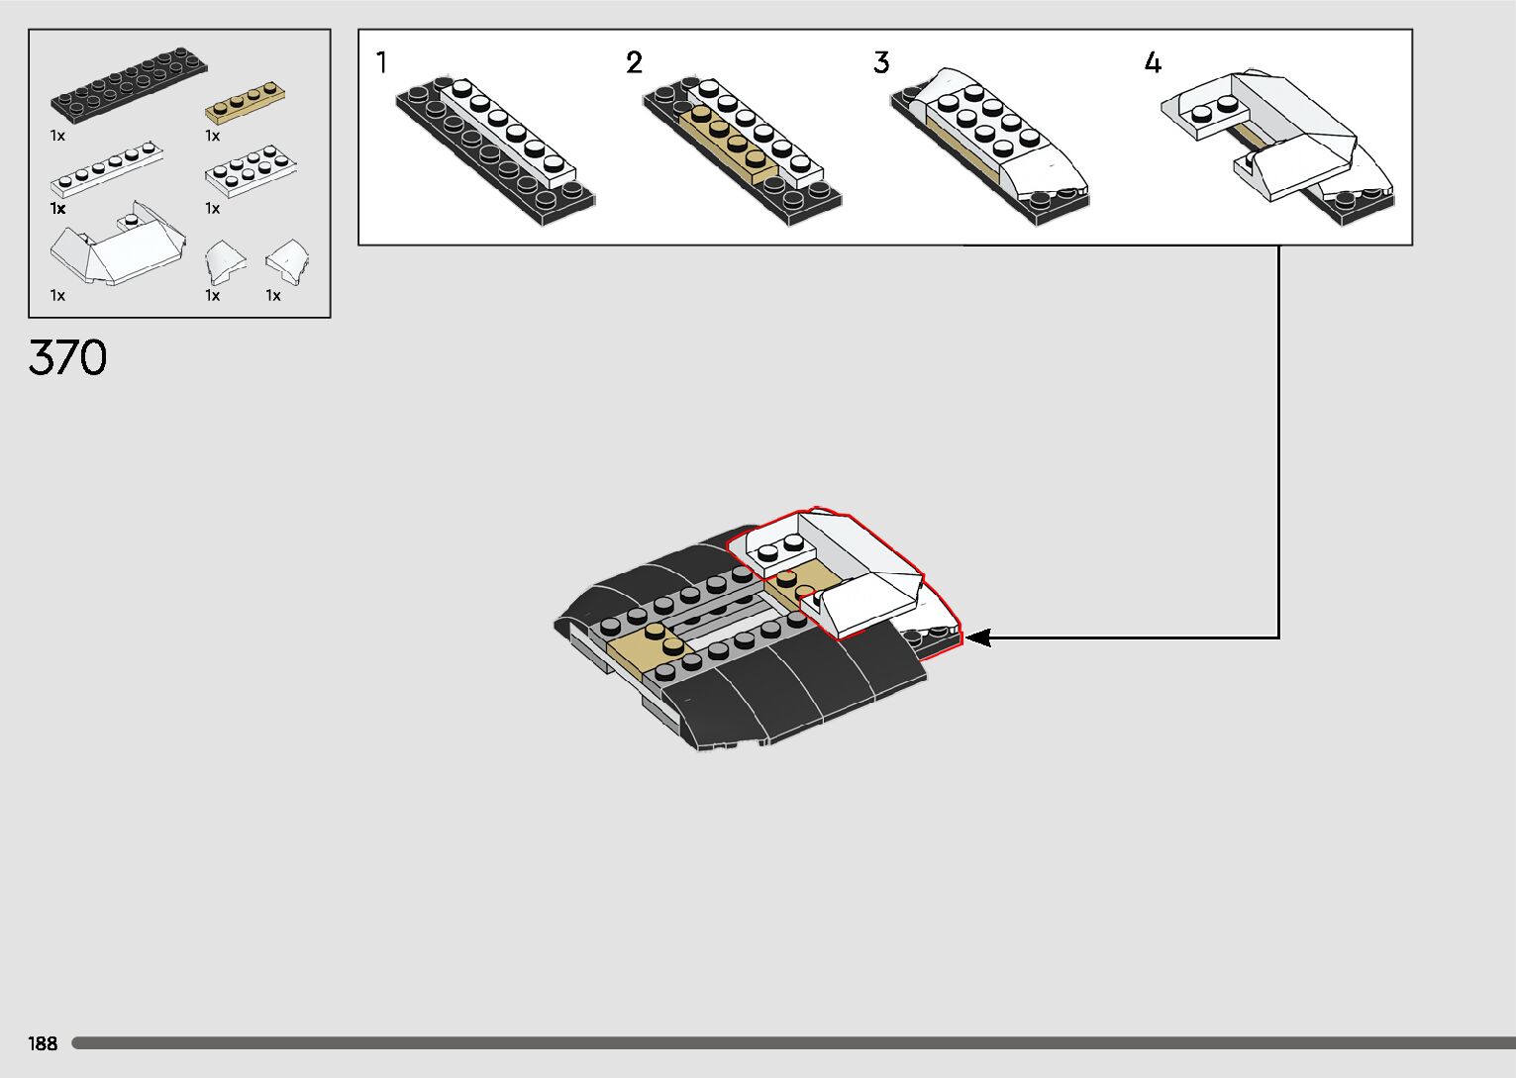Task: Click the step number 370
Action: (x=67, y=358)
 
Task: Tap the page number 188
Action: (x=44, y=1043)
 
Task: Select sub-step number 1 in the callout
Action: (x=382, y=63)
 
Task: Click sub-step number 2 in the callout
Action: (x=634, y=63)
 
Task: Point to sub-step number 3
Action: (x=881, y=63)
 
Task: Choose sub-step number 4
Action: (x=1153, y=63)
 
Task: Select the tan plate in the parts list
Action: (x=246, y=102)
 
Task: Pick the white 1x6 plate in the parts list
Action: (x=107, y=171)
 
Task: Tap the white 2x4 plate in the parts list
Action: (x=252, y=170)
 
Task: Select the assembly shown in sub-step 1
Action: (x=495, y=148)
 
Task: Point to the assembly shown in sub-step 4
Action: (x=1277, y=139)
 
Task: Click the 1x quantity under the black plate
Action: (x=57, y=136)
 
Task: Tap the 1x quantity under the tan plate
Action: (x=212, y=136)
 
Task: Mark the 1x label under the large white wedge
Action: (x=57, y=295)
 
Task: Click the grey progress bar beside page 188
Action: (x=792, y=1043)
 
